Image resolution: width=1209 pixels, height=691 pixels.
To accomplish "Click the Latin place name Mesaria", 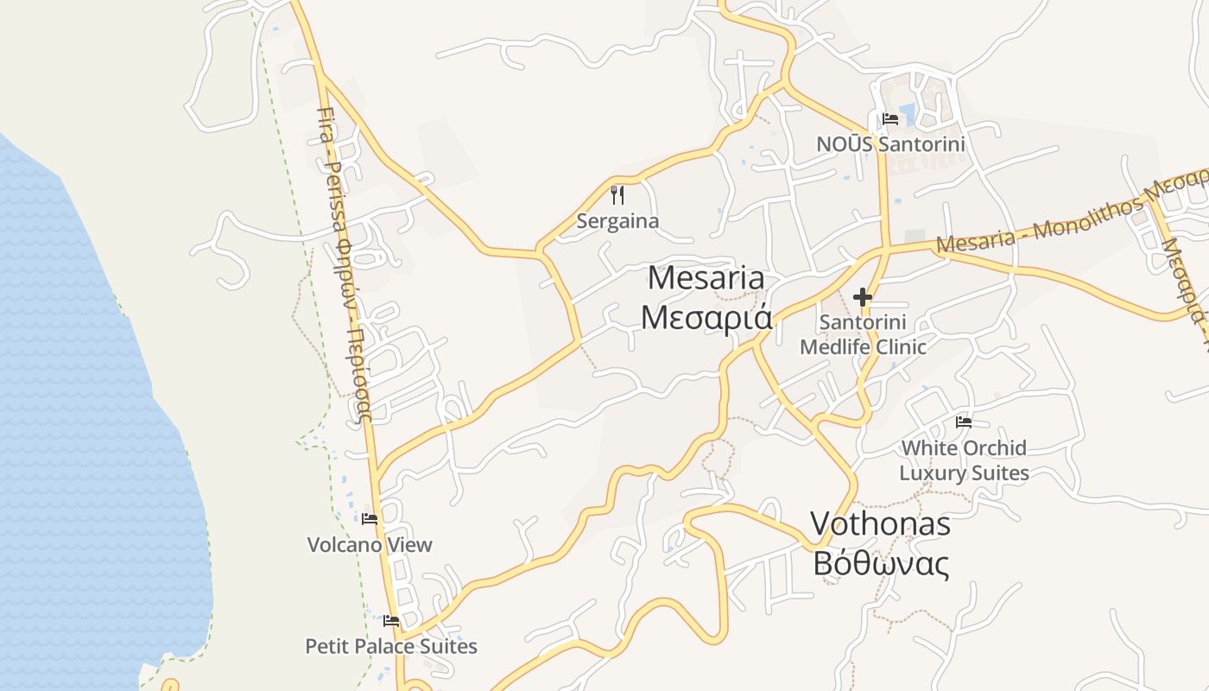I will (x=706, y=278).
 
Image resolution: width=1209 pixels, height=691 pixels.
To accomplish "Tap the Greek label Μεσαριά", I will (x=706, y=318).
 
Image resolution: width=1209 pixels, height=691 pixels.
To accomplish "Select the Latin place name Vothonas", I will (x=880, y=523).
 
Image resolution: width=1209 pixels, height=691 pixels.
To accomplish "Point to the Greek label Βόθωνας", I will (x=881, y=564).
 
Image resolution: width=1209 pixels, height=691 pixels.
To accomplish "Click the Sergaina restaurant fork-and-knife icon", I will (x=617, y=194).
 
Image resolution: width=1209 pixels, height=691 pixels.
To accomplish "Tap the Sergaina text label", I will (x=617, y=221).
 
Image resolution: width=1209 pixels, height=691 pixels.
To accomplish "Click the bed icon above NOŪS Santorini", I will (x=890, y=118).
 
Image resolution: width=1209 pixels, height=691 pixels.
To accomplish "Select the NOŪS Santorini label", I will (x=890, y=143).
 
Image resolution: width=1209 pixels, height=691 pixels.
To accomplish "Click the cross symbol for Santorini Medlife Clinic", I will (x=862, y=297).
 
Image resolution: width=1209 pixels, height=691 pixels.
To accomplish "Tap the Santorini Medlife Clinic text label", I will (x=863, y=334).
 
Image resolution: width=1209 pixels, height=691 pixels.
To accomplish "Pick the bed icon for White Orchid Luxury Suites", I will (x=964, y=422).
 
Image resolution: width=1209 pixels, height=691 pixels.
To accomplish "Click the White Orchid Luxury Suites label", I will (x=964, y=460).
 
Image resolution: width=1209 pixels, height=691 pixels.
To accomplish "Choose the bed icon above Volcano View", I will (x=370, y=519).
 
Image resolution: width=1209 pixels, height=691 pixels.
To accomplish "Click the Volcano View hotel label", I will (x=370, y=545).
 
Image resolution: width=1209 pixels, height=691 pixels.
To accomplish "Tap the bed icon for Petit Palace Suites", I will (x=391, y=620).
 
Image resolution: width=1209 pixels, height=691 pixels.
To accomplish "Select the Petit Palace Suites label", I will (x=391, y=646).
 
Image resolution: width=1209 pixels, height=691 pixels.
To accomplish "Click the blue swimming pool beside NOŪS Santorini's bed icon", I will (x=907, y=112).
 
